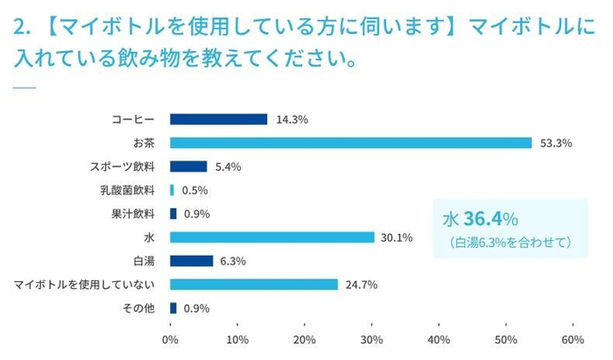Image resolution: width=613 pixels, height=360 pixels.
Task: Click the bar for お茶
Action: tap(350, 143)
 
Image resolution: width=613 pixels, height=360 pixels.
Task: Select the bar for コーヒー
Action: tap(218, 119)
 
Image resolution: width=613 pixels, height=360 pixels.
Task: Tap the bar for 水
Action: tap(272, 237)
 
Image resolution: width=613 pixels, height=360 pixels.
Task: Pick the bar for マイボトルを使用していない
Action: tap(254, 285)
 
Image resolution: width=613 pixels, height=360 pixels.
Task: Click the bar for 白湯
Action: tap(191, 261)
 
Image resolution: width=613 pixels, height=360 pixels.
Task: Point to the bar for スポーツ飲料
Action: tap(188, 166)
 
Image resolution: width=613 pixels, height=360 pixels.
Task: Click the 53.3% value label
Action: tap(556, 143)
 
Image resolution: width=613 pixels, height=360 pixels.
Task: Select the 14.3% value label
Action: tap(292, 119)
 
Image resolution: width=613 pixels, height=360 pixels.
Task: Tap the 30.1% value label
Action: tap(397, 237)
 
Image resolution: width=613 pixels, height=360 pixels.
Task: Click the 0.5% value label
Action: tap(194, 190)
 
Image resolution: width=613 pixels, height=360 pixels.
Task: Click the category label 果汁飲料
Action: tap(133, 214)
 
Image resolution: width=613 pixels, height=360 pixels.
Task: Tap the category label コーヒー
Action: tap(133, 119)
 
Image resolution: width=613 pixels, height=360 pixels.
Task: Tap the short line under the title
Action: tap(25, 87)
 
